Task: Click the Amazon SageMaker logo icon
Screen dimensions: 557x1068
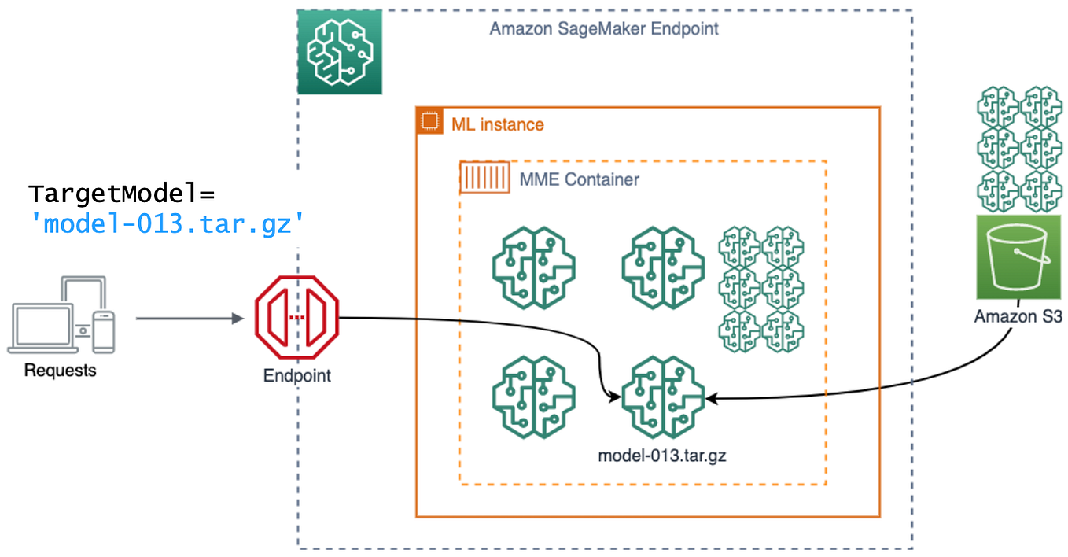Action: pyautogui.click(x=340, y=52)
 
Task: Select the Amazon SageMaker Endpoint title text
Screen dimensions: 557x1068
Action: pyautogui.click(x=603, y=29)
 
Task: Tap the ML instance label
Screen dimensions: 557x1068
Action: pyautogui.click(x=497, y=124)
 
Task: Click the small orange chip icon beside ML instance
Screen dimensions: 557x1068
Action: pyautogui.click(x=429, y=121)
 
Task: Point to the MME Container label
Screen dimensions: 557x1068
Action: pyautogui.click(x=579, y=179)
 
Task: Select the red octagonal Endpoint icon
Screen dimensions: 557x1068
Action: pyautogui.click(x=296, y=318)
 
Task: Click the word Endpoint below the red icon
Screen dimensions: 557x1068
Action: pyautogui.click(x=296, y=375)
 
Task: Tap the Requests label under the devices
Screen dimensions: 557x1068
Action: pyautogui.click(x=60, y=370)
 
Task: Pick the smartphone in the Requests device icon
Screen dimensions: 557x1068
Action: pyautogui.click(x=103, y=331)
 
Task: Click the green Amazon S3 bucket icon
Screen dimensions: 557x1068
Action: pyautogui.click(x=1018, y=257)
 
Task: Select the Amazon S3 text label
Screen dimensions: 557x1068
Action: pyautogui.click(x=1018, y=317)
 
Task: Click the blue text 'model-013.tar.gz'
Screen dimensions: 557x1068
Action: pyautogui.click(x=166, y=224)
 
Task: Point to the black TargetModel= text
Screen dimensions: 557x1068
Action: pyautogui.click(x=122, y=194)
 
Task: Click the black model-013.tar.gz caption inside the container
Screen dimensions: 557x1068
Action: pyautogui.click(x=661, y=456)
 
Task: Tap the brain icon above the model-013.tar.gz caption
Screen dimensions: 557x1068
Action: pyautogui.click(x=662, y=397)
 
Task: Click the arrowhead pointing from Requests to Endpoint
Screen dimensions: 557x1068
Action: pyautogui.click(x=236, y=319)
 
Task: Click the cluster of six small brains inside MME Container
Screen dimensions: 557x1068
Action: pyautogui.click(x=760, y=288)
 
